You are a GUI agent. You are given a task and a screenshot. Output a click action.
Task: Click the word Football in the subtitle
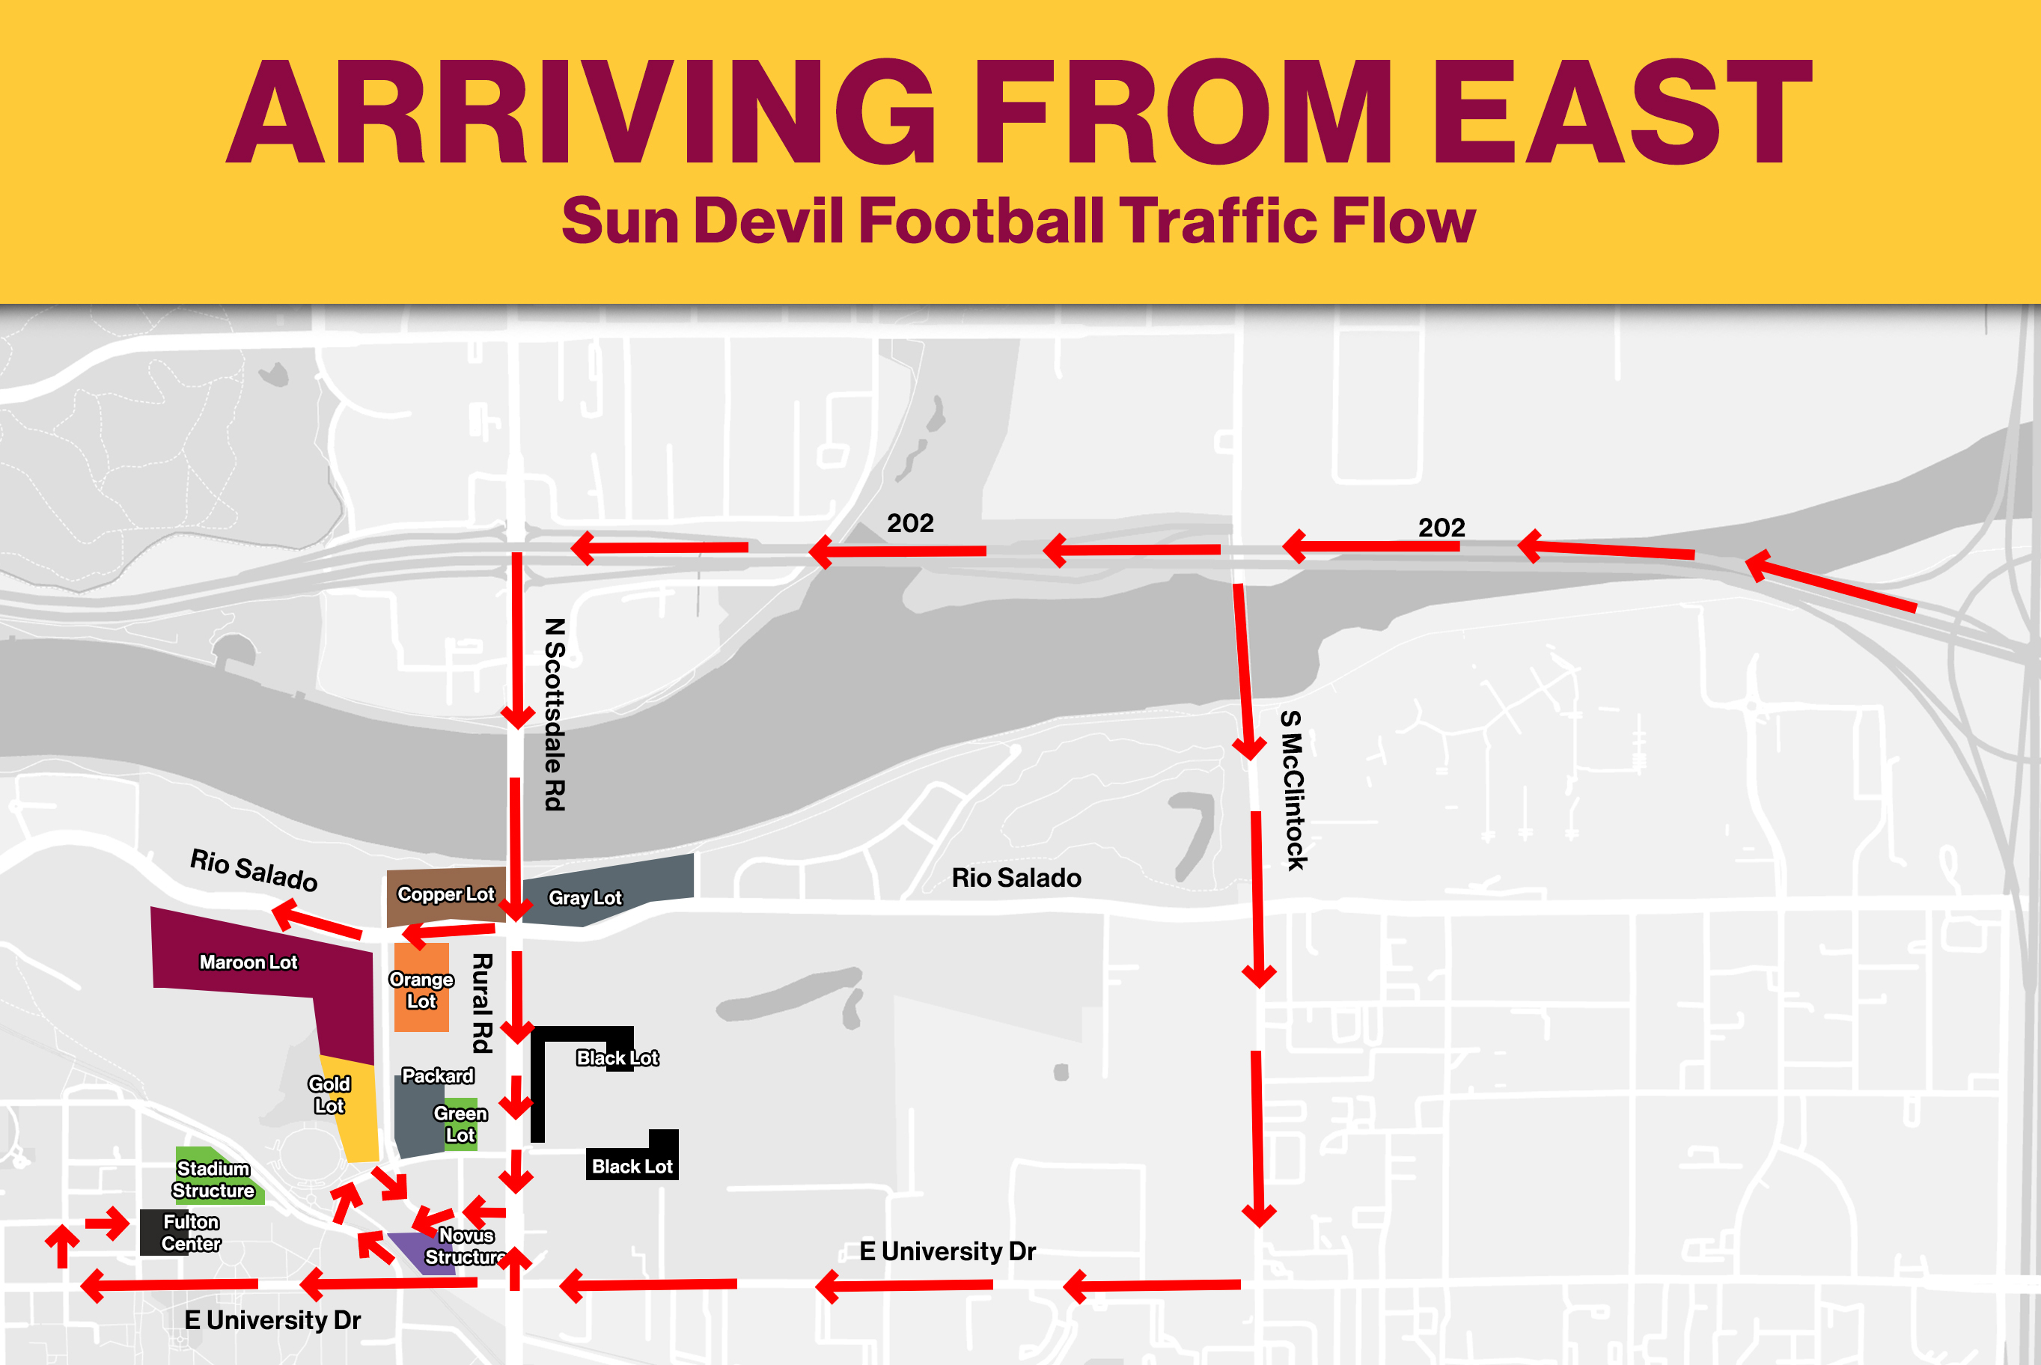coord(981,221)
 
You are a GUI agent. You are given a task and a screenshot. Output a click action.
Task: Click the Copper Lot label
coord(445,894)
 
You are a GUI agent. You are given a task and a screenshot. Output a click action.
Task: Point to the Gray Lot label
coord(585,897)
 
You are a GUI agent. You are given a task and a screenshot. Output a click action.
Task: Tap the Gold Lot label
coord(329,1094)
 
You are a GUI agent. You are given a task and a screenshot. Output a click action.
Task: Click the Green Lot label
coord(460,1124)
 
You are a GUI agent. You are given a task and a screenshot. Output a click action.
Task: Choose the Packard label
coord(438,1076)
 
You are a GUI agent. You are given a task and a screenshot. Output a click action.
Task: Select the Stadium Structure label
coord(213,1179)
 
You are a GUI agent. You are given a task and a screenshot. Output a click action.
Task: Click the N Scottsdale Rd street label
coord(555,714)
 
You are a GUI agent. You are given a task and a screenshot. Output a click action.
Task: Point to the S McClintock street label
coord(1293,790)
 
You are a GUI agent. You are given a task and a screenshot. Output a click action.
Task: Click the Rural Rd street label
coord(482,1003)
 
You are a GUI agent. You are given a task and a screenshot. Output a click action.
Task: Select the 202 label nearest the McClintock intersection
coord(1441,528)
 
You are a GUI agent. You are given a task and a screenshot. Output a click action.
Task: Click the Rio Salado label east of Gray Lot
coord(1016,878)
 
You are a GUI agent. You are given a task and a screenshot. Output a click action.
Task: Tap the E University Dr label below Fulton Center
coord(272,1320)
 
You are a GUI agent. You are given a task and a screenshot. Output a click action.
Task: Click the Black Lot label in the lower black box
coord(632,1167)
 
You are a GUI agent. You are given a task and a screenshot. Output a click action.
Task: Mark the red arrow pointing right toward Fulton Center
coord(108,1223)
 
